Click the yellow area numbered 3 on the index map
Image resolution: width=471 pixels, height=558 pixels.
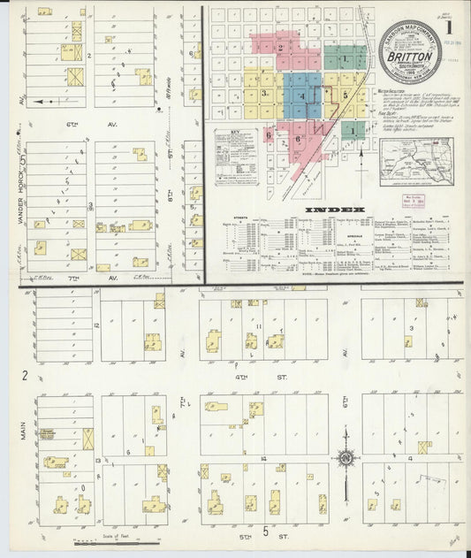pyautogui.click(x=264, y=93)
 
